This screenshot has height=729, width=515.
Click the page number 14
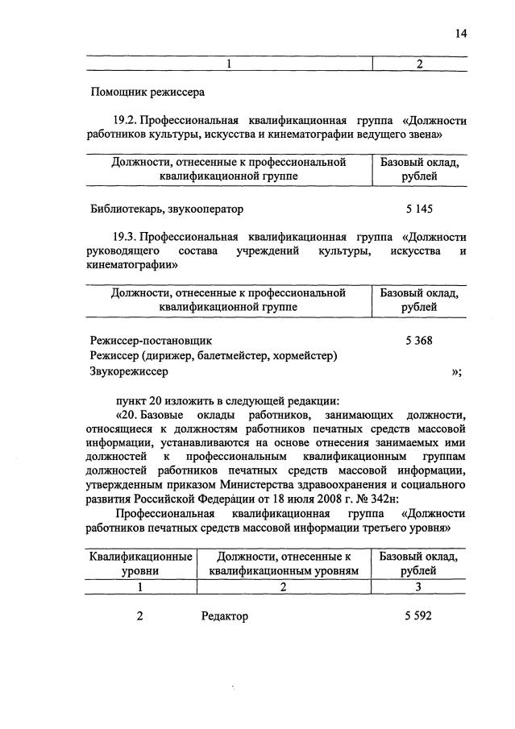click(x=459, y=33)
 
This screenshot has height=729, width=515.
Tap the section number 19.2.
click(x=128, y=120)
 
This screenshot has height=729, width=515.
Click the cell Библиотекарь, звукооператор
click(x=167, y=209)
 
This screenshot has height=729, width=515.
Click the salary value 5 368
click(x=419, y=340)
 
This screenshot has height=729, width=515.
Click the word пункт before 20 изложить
click(x=134, y=400)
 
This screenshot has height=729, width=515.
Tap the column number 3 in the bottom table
click(x=418, y=588)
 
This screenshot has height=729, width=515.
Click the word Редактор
click(x=225, y=616)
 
